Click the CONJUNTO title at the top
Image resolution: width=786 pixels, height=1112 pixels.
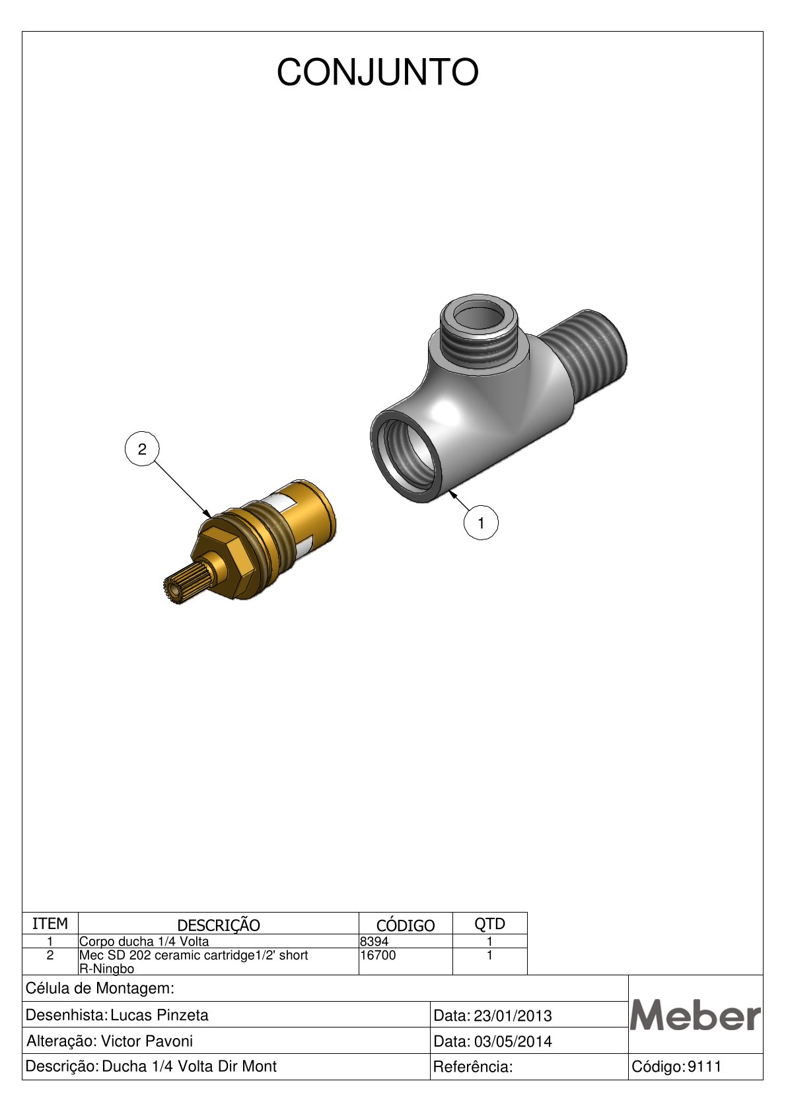pyautogui.click(x=377, y=73)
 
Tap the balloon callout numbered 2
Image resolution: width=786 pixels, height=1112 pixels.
pyautogui.click(x=142, y=449)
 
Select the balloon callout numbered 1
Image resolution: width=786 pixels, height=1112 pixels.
pyautogui.click(x=481, y=523)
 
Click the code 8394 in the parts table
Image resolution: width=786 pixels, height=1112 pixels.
pyautogui.click(x=375, y=941)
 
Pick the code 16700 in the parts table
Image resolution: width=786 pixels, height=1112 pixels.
pyautogui.click(x=378, y=955)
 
